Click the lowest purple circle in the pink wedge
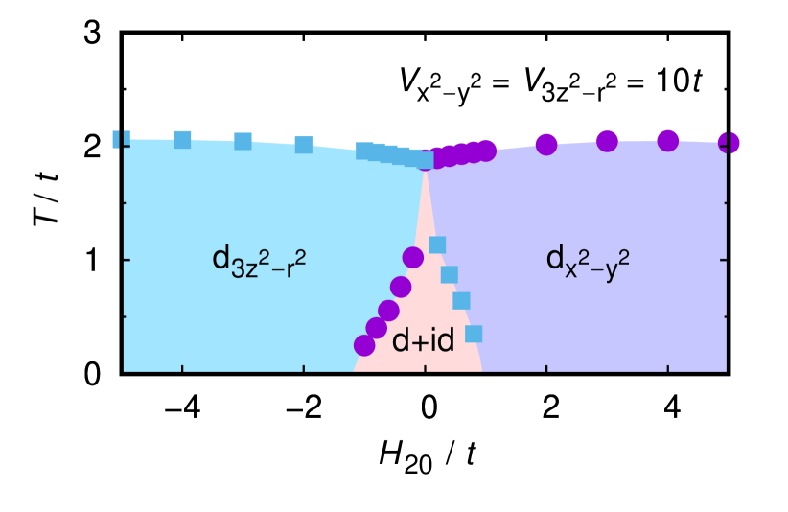pos(364,345)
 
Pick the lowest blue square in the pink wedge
pos(474,334)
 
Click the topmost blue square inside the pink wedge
pos(437,244)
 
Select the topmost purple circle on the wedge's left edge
pos(413,257)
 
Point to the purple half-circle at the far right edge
pos(730,143)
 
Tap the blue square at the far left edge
pos(120,139)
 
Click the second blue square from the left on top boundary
pos(182,140)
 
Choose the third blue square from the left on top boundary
pos(243,142)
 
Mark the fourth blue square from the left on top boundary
pos(304,145)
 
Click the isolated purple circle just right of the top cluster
pos(546,145)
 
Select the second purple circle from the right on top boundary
pos(668,141)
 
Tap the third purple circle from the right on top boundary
pos(607,141)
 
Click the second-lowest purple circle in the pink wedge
pos(377,328)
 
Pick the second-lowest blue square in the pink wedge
pos(462,301)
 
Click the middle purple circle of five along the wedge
pos(388,310)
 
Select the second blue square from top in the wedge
pos(450,275)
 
